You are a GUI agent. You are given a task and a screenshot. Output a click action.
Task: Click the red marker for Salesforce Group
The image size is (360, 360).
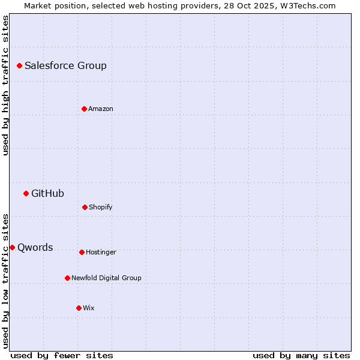click(x=19, y=65)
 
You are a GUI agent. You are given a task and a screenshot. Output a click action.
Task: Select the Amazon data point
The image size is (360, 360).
click(x=84, y=109)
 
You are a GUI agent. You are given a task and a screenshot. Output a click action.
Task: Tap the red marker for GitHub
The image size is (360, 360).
click(x=26, y=193)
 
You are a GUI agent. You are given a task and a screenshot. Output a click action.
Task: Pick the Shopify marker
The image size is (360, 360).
click(x=85, y=207)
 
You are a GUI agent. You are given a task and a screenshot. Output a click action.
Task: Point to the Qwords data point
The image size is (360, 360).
click(x=12, y=247)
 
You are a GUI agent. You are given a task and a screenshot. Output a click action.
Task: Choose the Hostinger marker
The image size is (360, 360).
click(x=82, y=252)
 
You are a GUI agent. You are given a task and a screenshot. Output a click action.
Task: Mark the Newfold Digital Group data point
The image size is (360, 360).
click(x=67, y=278)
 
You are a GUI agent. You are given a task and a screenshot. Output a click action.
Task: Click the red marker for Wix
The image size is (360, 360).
click(x=79, y=308)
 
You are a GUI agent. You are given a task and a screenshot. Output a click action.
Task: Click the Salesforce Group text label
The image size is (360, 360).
click(x=65, y=66)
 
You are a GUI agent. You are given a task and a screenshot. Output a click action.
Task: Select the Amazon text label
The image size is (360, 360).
click(x=101, y=109)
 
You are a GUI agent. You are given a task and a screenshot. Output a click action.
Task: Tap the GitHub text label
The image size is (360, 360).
click(x=47, y=194)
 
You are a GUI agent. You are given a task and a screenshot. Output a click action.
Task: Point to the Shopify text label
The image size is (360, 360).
click(x=101, y=208)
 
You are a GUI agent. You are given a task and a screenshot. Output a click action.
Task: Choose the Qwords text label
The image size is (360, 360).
click(x=35, y=248)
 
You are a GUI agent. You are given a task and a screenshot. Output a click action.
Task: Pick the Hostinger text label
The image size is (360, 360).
click(x=101, y=253)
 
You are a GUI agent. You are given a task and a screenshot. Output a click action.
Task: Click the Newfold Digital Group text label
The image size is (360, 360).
click(x=106, y=278)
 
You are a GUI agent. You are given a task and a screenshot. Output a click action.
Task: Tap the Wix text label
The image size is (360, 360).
click(x=89, y=308)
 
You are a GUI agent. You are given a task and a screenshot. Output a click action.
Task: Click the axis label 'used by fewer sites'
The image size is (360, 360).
click(x=62, y=356)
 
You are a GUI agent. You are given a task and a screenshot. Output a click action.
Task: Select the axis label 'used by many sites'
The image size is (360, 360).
click(x=301, y=356)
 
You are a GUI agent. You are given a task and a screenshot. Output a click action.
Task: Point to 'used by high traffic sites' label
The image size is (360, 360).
click(x=5, y=85)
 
